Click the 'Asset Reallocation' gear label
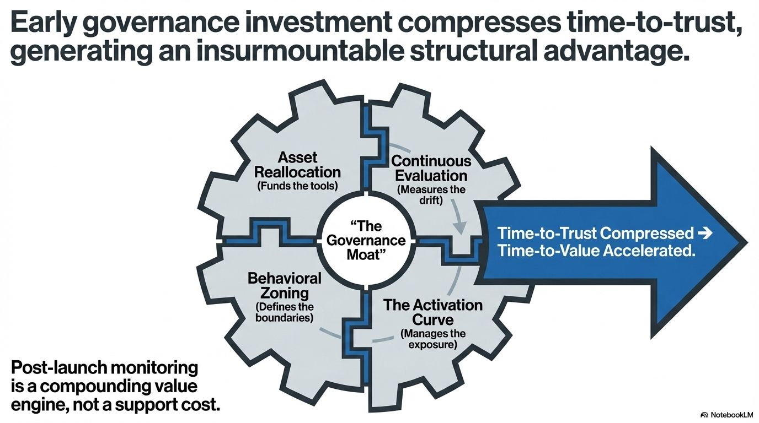[x=297, y=165]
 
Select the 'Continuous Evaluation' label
[x=431, y=168]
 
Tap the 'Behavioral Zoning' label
[x=284, y=286]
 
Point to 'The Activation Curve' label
[x=432, y=312]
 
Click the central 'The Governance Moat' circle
[x=366, y=241]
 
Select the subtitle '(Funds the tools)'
[x=297, y=186]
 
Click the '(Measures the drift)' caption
[x=431, y=194]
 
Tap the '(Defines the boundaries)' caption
[x=284, y=312]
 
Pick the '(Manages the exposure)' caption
[x=432, y=339]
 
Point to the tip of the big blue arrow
[x=747, y=242]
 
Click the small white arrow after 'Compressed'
[x=705, y=234]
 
